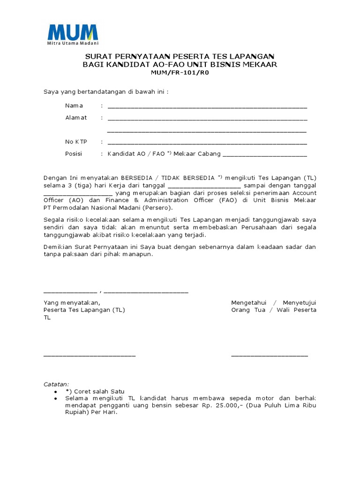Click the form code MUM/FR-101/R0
[x=180, y=73]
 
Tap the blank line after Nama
[x=207, y=107]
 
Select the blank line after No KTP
[x=207, y=143]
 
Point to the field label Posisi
[x=74, y=154]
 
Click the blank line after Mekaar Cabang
[x=265, y=156]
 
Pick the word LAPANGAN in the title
[x=251, y=56]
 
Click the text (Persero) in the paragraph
[x=157, y=208]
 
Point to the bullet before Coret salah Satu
[x=56, y=391]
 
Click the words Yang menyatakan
[x=72, y=303]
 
